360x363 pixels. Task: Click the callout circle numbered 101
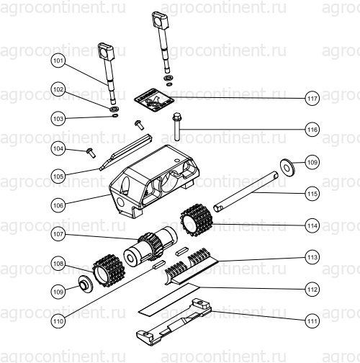(x=58, y=60)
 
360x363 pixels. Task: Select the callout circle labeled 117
(x=312, y=99)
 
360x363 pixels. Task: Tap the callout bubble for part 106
(x=58, y=205)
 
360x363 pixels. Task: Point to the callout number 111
(x=312, y=321)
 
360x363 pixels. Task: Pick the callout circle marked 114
(x=312, y=225)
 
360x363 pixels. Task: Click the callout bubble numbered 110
(x=58, y=321)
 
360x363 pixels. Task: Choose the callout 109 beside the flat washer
(x=312, y=163)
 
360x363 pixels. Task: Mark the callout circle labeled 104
(x=58, y=148)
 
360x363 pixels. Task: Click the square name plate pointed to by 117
(x=154, y=99)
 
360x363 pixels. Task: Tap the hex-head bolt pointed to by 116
(x=176, y=127)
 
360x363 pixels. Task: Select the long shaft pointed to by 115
(x=246, y=192)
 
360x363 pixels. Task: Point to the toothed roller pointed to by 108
(x=108, y=271)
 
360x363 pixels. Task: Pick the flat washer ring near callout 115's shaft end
(x=287, y=166)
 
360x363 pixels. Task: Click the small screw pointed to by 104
(x=91, y=153)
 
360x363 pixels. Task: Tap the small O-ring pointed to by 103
(x=115, y=116)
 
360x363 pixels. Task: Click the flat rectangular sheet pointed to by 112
(x=169, y=299)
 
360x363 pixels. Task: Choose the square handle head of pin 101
(x=106, y=51)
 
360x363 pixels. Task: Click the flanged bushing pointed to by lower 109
(x=86, y=284)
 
